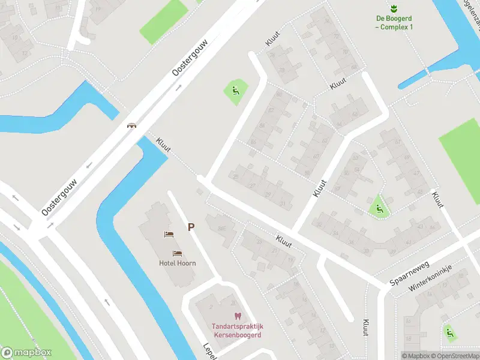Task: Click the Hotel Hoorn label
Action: tap(177, 263)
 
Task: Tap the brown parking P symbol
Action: tap(191, 227)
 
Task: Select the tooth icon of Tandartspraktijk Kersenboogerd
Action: tap(236, 316)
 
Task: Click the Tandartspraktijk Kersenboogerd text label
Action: tap(236, 330)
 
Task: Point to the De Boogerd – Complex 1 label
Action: tap(394, 23)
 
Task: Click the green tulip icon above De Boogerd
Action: tap(394, 8)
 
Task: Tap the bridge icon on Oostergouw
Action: tap(131, 125)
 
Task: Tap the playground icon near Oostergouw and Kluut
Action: tap(235, 91)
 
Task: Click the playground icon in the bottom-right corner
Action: tap(448, 331)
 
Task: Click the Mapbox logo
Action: tap(26, 353)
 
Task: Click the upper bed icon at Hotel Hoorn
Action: tap(169, 234)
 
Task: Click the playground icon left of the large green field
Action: tap(379, 209)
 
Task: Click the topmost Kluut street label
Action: tap(273, 38)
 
